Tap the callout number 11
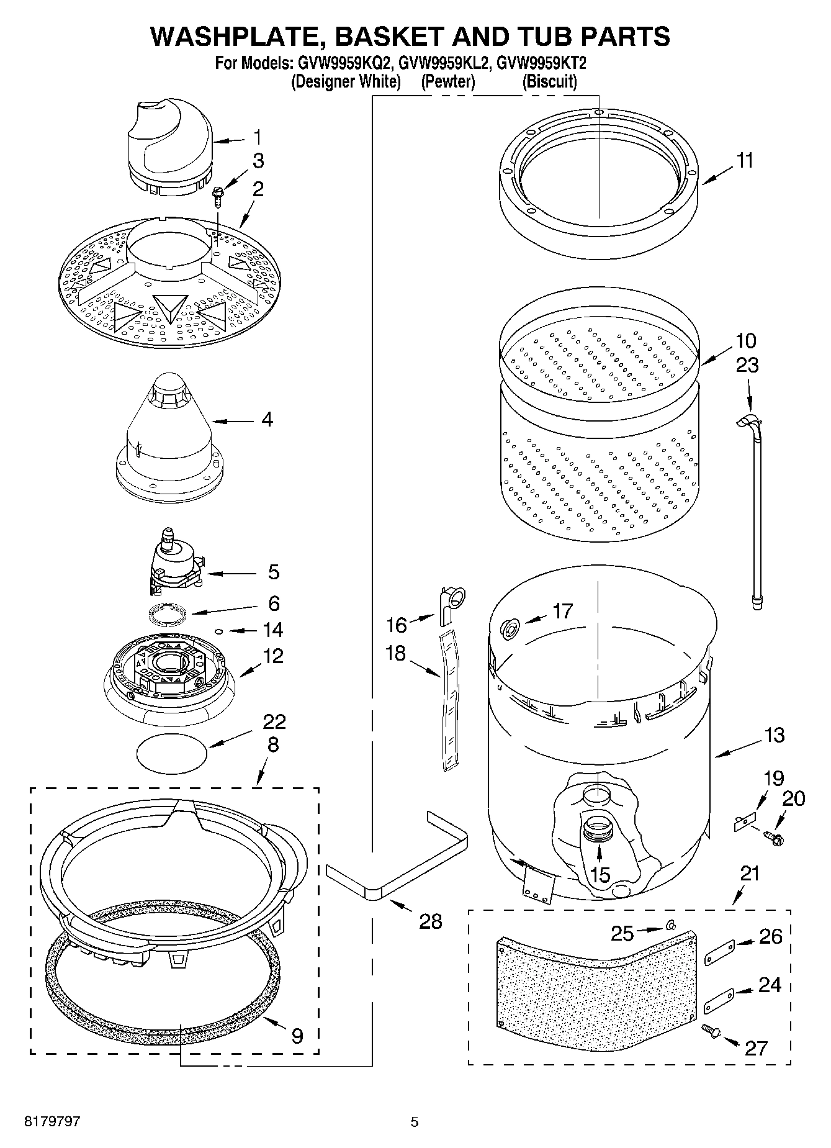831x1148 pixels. coord(745,161)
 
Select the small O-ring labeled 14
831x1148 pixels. coord(218,631)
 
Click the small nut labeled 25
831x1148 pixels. coord(670,926)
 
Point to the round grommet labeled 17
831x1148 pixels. coord(510,629)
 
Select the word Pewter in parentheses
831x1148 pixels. coord(447,81)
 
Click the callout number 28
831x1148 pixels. coord(430,921)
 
